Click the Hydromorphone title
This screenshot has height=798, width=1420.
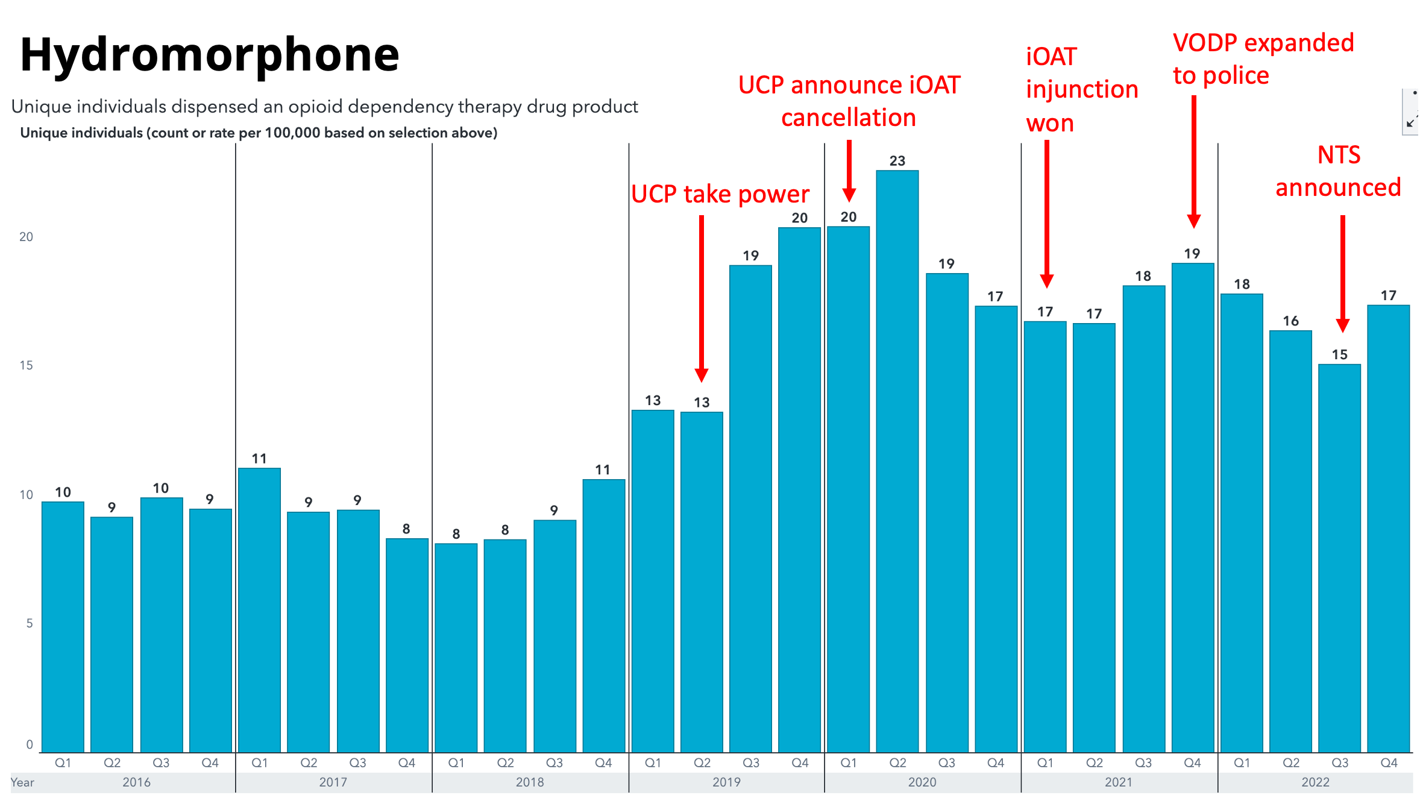tap(209, 55)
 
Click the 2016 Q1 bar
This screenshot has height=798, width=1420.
tap(63, 627)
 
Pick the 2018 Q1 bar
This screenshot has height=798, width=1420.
tap(456, 648)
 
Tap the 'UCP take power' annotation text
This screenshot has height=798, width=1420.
tap(720, 194)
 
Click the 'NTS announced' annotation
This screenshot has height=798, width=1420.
tap(1338, 171)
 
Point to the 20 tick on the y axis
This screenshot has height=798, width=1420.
tap(26, 237)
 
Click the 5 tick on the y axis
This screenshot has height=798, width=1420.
tap(29, 623)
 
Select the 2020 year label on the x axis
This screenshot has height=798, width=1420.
tap(922, 782)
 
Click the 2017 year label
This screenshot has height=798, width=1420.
tap(333, 782)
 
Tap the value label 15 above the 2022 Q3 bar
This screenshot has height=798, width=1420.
tap(1339, 354)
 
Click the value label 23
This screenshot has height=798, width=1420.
tap(897, 161)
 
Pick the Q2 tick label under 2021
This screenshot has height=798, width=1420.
tap(1094, 762)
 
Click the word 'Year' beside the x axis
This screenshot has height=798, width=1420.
tap(22, 782)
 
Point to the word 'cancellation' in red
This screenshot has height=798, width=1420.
tap(848, 118)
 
